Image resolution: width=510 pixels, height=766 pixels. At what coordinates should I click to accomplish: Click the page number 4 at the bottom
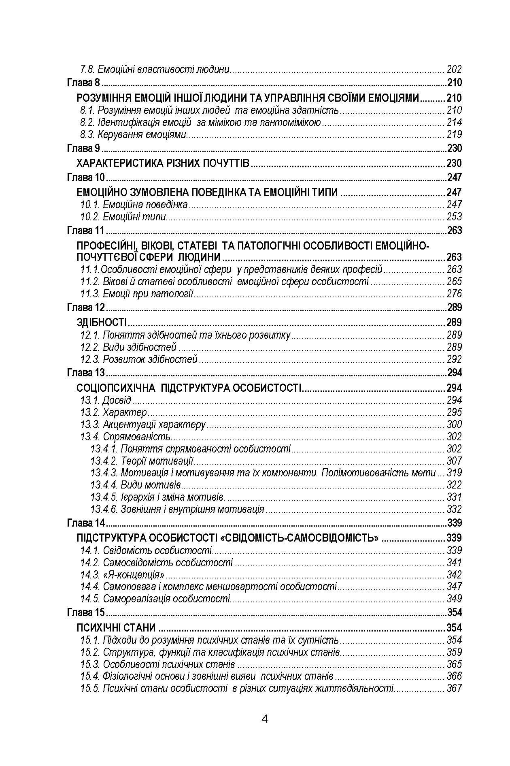[x=265, y=719]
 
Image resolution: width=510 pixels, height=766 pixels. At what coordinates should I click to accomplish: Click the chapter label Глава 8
[x=83, y=83]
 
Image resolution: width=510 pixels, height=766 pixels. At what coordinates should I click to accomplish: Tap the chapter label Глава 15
[x=86, y=612]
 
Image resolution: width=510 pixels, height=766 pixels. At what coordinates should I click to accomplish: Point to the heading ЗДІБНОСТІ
[x=102, y=322]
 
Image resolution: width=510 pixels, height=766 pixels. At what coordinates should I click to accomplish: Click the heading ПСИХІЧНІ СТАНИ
[x=116, y=627]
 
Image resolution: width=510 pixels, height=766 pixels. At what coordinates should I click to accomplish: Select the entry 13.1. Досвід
[x=106, y=400]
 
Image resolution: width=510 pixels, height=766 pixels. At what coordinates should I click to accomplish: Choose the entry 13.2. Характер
[x=114, y=412]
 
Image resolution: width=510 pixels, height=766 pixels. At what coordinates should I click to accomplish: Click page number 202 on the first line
[x=454, y=69]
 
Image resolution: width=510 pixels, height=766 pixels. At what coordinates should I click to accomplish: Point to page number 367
[x=454, y=688]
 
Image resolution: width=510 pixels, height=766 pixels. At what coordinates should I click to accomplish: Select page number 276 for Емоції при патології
[x=454, y=294]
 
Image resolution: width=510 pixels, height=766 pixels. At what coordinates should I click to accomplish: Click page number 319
[x=454, y=473]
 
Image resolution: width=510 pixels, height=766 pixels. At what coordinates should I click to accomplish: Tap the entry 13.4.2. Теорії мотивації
[x=142, y=461]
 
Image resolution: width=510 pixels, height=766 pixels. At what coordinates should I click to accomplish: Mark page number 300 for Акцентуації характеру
[x=454, y=425]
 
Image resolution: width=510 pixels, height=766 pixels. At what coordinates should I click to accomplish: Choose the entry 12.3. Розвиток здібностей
[x=139, y=359]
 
